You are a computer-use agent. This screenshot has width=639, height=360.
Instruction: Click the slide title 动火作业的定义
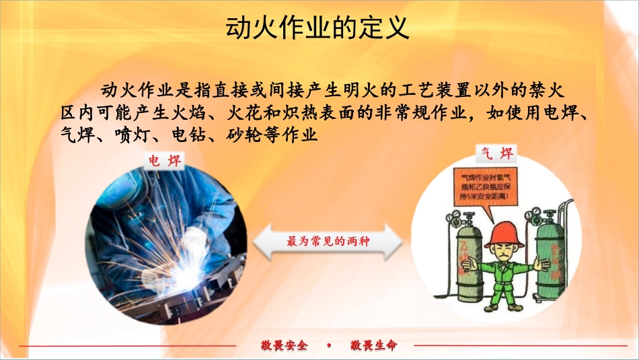pyautogui.click(x=315, y=28)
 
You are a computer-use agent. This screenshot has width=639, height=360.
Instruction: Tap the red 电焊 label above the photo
pyautogui.click(x=165, y=161)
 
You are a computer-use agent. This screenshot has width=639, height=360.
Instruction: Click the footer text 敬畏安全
pyautogui.click(x=284, y=346)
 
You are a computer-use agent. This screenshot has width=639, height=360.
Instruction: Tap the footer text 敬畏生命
pyautogui.click(x=373, y=346)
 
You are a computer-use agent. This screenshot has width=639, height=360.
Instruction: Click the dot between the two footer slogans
pyautogui.click(x=329, y=346)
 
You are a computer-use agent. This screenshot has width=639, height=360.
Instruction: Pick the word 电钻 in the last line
pyautogui.click(x=185, y=135)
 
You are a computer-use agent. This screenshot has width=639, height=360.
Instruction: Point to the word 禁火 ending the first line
pyautogui.click(x=549, y=89)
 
